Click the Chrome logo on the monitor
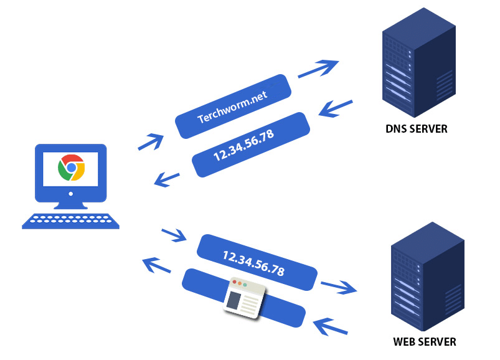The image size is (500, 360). pyautogui.click(x=71, y=168)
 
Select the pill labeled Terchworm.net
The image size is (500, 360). pyautogui.click(x=233, y=107)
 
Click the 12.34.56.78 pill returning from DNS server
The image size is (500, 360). pyautogui.click(x=250, y=144)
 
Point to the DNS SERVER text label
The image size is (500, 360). pyautogui.click(x=416, y=130)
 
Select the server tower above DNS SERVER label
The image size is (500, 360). pyautogui.click(x=416, y=62)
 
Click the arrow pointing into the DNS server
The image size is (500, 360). pyautogui.click(x=319, y=68)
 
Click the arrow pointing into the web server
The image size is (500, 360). pyautogui.click(x=339, y=287)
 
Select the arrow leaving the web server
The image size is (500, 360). pyautogui.click(x=331, y=325)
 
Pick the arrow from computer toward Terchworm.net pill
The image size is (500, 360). pyautogui.click(x=151, y=141)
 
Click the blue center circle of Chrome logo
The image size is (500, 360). pyautogui.click(x=71, y=168)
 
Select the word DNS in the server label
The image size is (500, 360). pyautogui.click(x=397, y=130)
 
